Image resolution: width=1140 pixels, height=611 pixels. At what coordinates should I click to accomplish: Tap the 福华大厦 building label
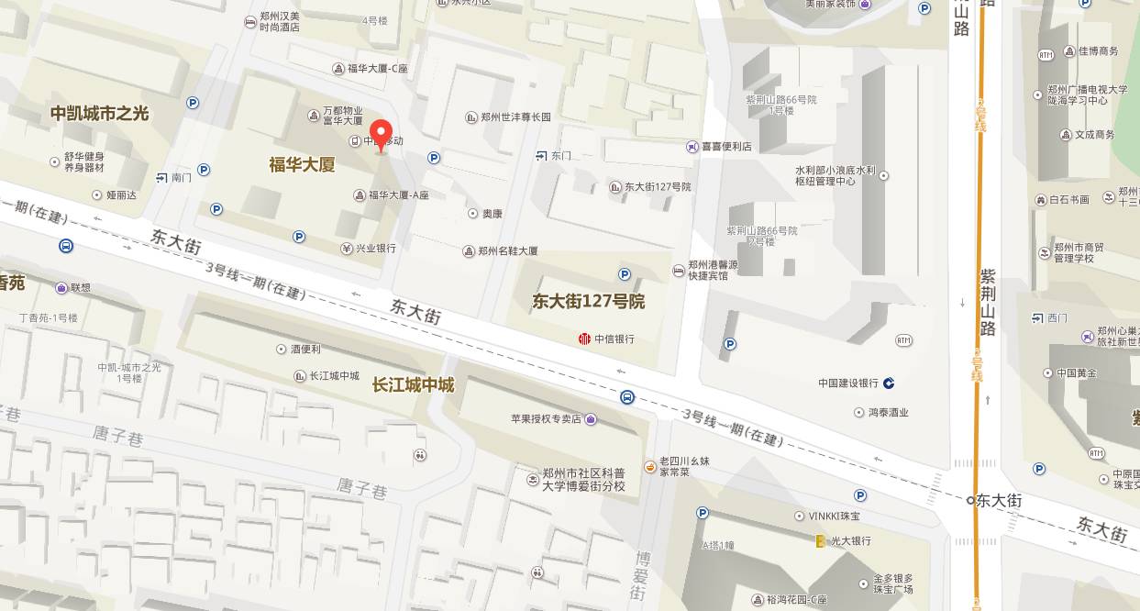[302, 165]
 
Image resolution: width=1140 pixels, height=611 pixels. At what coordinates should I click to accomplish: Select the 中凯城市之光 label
[99, 114]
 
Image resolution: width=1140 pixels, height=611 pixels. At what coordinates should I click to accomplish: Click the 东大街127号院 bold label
[589, 301]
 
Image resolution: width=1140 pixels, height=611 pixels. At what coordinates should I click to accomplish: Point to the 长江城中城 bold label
[413, 385]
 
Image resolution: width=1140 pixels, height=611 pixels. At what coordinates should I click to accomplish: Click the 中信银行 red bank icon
[584, 339]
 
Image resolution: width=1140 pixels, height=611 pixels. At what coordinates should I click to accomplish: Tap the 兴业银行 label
[375, 249]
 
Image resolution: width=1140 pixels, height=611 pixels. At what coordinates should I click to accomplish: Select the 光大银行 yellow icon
[821, 541]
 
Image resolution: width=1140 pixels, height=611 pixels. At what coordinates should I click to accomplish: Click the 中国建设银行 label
[848, 383]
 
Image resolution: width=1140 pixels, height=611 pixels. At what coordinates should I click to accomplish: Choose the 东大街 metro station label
[998, 501]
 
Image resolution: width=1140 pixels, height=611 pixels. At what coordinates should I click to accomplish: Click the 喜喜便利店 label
[726, 147]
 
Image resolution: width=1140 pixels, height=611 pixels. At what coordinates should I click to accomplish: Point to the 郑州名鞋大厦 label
[507, 250]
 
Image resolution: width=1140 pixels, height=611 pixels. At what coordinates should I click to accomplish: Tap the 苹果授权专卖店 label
[547, 419]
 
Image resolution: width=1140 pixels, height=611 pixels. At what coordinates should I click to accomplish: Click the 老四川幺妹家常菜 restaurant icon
[650, 467]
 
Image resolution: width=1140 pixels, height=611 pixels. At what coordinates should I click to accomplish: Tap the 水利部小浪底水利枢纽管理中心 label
[836, 176]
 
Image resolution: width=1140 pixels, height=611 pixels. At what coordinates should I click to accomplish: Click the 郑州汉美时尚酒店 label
[280, 22]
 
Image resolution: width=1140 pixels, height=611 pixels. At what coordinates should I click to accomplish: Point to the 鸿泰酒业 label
[888, 413]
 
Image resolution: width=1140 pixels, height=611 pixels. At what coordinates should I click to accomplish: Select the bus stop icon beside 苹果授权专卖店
[627, 397]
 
